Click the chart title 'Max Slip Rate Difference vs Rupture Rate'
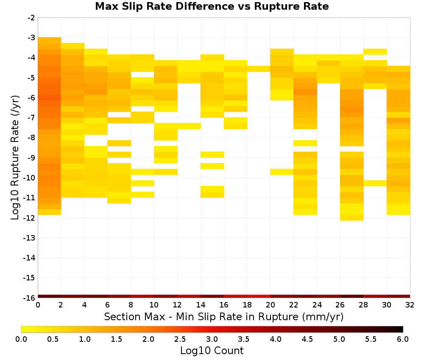(212, 6)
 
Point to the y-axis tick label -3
(31, 38)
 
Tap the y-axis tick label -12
(29, 218)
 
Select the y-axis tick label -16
(29, 298)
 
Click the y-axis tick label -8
(31, 138)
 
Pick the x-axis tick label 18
(247, 305)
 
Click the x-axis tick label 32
(410, 305)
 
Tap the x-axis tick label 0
(38, 305)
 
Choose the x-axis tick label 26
(340, 305)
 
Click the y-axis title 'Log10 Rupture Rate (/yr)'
(15, 158)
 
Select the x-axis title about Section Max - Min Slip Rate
(224, 316)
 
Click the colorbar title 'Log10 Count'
(212, 351)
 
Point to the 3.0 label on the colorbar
(212, 339)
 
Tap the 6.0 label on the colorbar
(403, 339)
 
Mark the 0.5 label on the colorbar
(53, 339)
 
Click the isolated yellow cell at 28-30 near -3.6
(375, 52)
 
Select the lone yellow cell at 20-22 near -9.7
(282, 172)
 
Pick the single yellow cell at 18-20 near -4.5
(259, 69)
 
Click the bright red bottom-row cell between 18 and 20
(259, 296)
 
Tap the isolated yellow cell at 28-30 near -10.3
(375, 183)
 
